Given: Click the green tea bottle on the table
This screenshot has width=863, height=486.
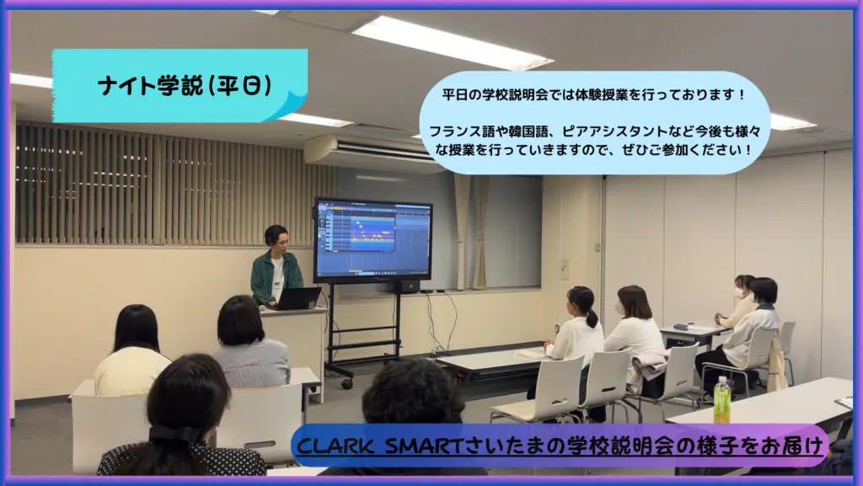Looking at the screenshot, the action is tap(721, 400).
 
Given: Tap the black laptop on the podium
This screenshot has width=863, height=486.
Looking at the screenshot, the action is tap(297, 298).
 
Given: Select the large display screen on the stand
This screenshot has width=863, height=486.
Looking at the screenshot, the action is tap(373, 240).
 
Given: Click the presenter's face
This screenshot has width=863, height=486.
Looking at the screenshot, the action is tap(280, 243).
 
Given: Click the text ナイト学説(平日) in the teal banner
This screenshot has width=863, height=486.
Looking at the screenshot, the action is tap(185, 85).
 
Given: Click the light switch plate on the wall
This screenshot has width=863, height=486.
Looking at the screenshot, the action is tap(564, 269).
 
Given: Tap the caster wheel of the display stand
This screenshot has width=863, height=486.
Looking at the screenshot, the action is tap(346, 383).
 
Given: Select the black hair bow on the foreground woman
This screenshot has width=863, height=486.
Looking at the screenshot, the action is tap(177, 434).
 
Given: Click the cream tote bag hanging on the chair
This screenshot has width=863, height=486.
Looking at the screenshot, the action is tap(776, 365).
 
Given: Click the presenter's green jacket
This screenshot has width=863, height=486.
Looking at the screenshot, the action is tap(276, 277).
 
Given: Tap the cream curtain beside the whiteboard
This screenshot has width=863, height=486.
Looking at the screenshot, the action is tap(470, 232).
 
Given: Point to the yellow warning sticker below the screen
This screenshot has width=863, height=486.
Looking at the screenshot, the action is tap(411, 286).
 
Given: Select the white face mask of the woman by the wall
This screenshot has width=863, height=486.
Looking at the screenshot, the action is tap(739, 293).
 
